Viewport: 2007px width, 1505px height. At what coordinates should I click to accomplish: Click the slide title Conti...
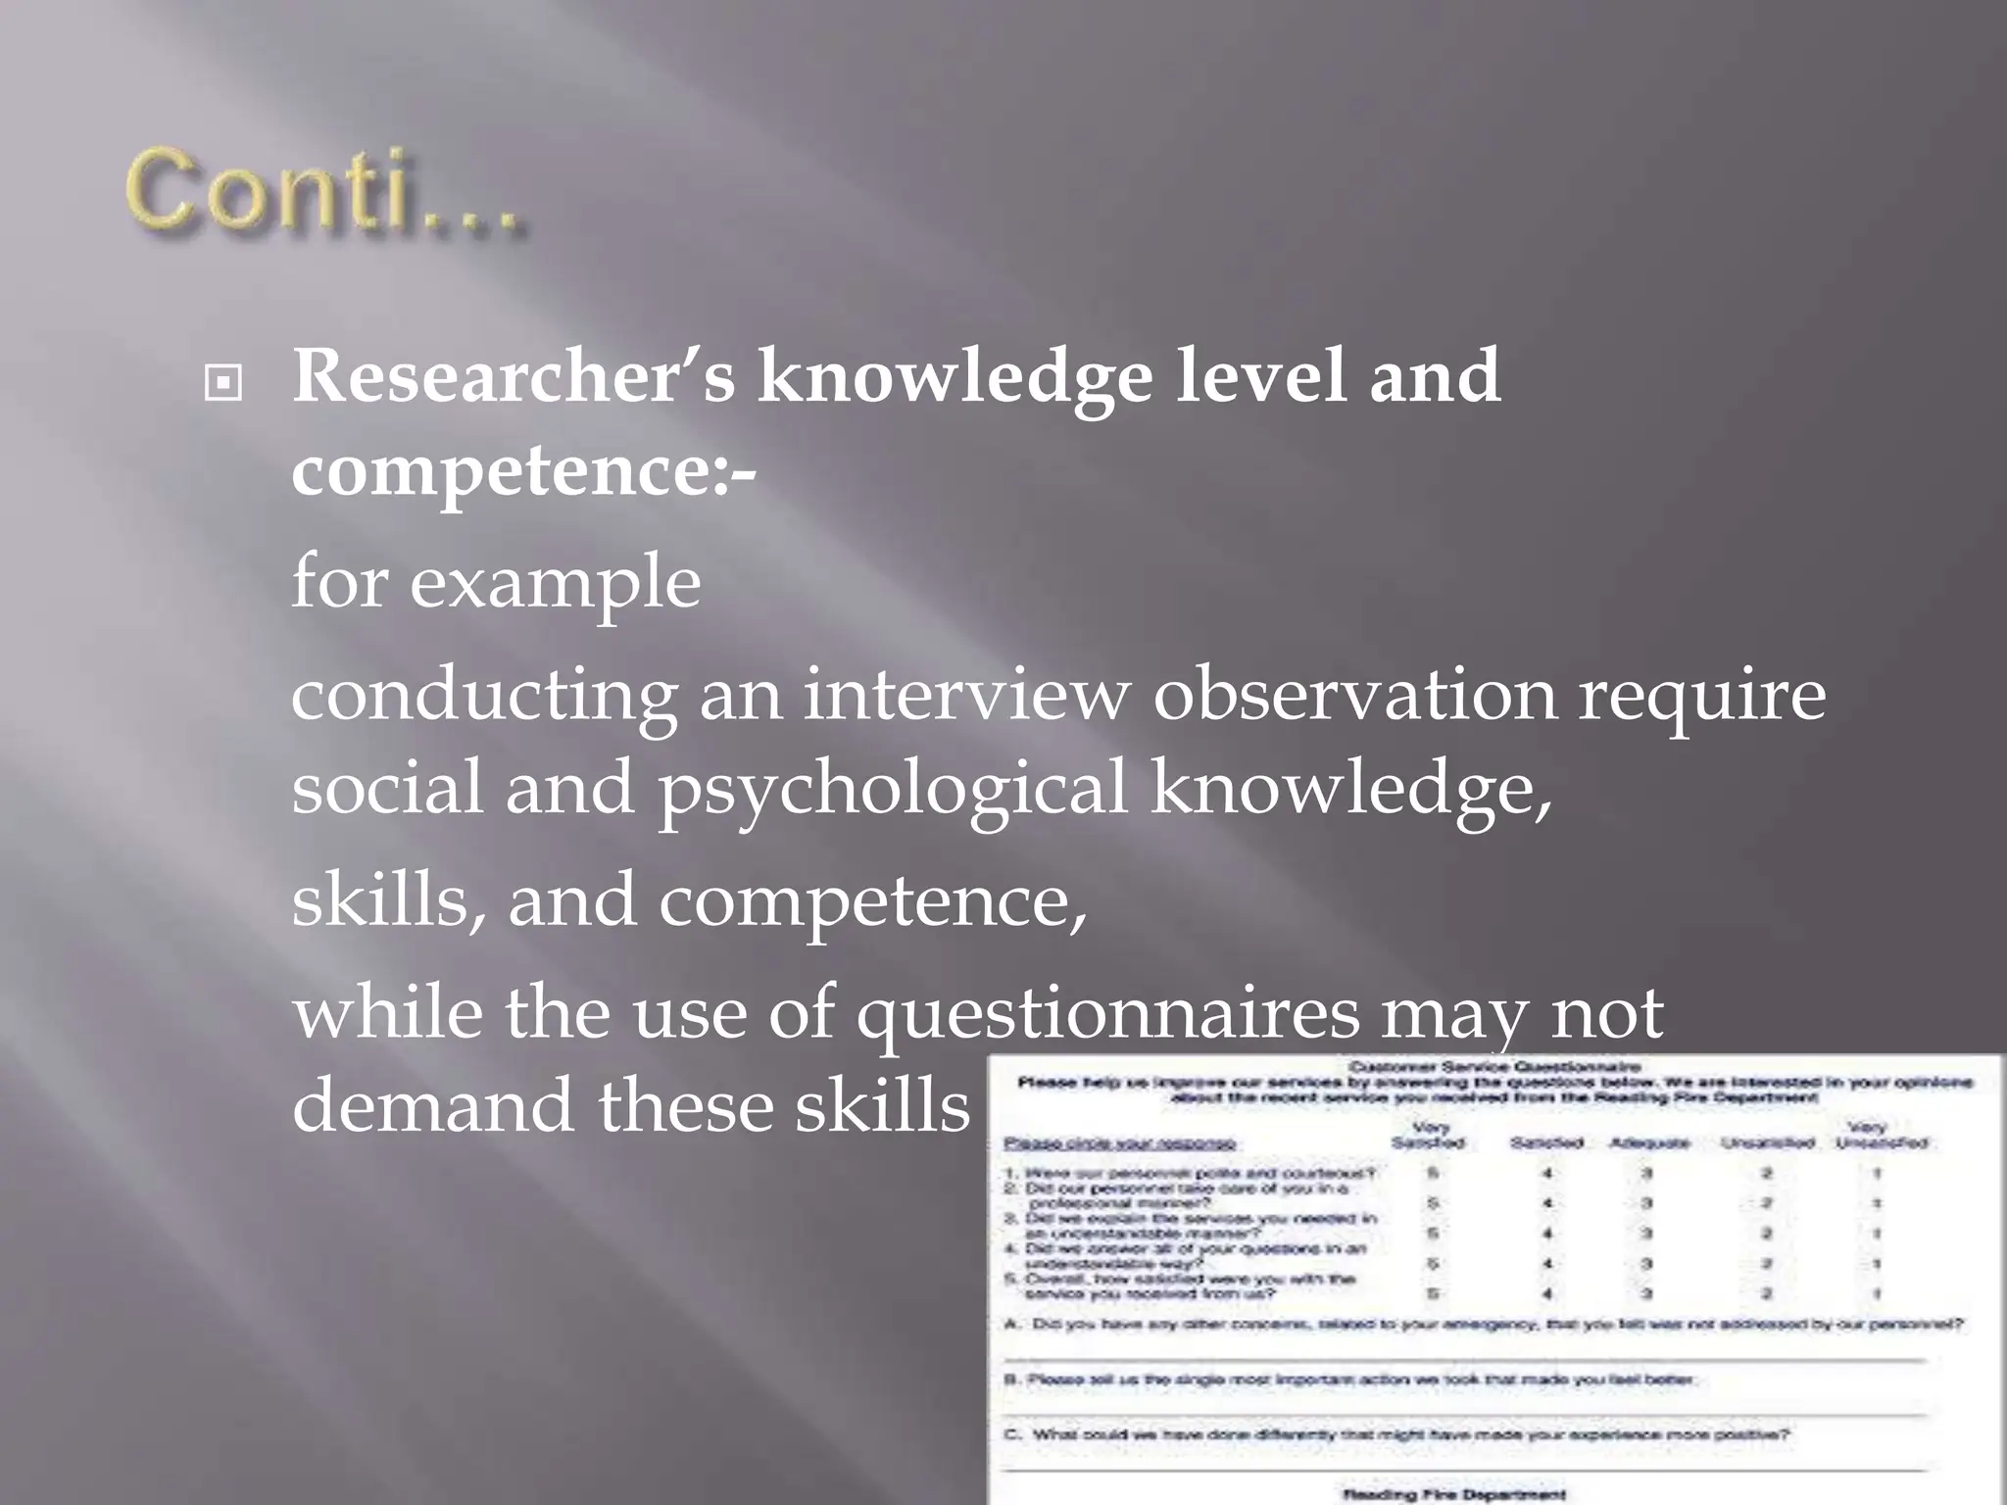tap(323, 191)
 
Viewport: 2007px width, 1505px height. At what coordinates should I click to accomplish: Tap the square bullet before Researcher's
tap(223, 383)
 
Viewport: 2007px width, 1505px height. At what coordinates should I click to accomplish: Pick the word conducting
tap(484, 696)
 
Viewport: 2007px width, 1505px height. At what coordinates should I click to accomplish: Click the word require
tap(1701, 696)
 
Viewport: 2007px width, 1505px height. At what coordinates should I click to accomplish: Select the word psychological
tap(893, 790)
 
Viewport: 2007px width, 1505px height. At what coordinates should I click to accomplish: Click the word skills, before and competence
tap(388, 899)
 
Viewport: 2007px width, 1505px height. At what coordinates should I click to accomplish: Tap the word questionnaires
tap(1108, 1013)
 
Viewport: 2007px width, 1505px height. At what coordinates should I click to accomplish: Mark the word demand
tap(432, 1105)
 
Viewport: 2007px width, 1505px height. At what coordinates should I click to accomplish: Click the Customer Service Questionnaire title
tap(1495, 1066)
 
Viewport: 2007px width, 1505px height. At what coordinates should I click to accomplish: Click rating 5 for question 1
tap(1433, 1173)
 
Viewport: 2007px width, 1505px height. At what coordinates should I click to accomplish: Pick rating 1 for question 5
tap(1877, 1293)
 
